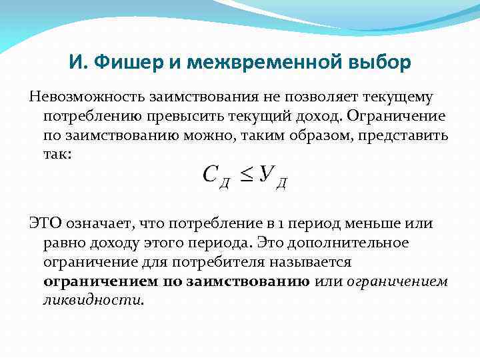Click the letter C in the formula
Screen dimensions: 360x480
tap(210, 175)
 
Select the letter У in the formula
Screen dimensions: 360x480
tap(267, 175)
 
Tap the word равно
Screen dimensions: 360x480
tap(65, 243)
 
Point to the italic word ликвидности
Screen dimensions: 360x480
tap(92, 300)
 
